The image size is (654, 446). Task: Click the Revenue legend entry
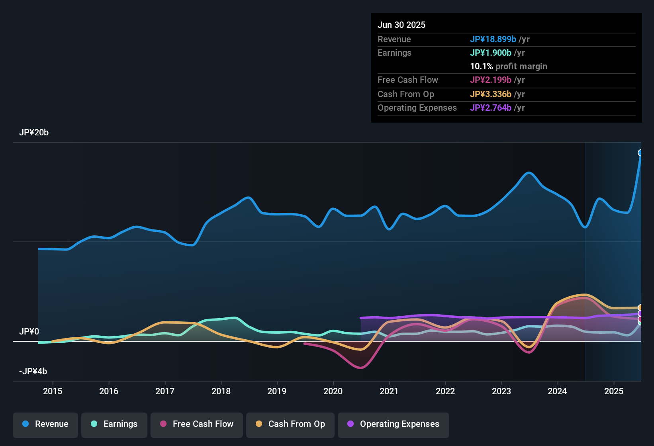(45, 424)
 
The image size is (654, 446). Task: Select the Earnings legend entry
(114, 424)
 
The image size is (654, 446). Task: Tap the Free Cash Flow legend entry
(197, 424)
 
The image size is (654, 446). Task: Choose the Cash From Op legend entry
(290, 424)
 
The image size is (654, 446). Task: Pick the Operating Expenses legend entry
(394, 424)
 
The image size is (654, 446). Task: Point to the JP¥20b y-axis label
(34, 133)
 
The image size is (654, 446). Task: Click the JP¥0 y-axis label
(29, 332)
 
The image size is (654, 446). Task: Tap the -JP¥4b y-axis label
(33, 372)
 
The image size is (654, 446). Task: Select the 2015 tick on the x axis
(53, 391)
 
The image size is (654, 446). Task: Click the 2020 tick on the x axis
(333, 391)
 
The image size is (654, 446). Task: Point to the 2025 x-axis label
(614, 391)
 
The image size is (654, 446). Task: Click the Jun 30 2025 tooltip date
(401, 25)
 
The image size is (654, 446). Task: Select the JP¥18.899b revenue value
(493, 39)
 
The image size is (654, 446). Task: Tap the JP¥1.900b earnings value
(491, 53)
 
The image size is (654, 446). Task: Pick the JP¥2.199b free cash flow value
(491, 80)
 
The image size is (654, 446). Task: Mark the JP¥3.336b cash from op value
(491, 94)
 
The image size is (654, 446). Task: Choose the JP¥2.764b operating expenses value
(491, 108)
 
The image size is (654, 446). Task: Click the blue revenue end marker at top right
(640, 153)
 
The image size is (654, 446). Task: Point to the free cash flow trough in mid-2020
(360, 368)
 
